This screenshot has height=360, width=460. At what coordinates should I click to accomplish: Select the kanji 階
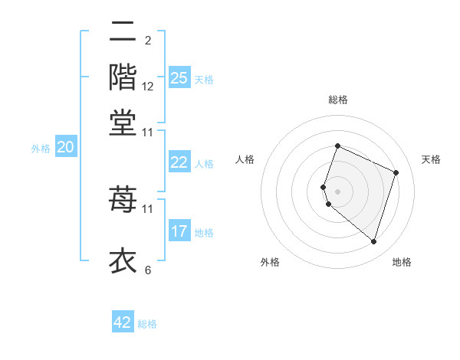(123, 77)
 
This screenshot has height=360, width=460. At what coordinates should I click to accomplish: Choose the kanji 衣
(123, 260)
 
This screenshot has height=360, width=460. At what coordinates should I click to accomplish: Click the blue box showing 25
(179, 77)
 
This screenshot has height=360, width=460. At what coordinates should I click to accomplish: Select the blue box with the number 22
(179, 162)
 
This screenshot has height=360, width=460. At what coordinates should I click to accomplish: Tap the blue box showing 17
(179, 231)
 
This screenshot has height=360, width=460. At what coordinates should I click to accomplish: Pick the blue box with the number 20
(66, 147)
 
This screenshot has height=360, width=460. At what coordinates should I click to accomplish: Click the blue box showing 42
(123, 322)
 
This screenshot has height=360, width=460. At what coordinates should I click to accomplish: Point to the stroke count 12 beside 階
(148, 87)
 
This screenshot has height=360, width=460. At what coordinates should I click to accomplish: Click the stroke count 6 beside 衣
(147, 270)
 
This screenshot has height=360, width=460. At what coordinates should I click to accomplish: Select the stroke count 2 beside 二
(147, 41)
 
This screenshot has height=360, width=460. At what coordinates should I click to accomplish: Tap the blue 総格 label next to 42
(147, 324)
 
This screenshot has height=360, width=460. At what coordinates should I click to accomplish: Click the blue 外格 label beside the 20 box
(41, 149)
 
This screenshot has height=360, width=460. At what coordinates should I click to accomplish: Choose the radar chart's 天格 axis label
(431, 159)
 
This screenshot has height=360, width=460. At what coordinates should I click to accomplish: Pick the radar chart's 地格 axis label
(402, 263)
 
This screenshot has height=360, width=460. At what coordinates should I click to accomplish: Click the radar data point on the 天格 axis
(396, 172)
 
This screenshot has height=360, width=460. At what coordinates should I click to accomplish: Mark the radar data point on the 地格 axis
(373, 242)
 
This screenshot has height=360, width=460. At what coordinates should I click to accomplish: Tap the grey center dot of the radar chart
(337, 191)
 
